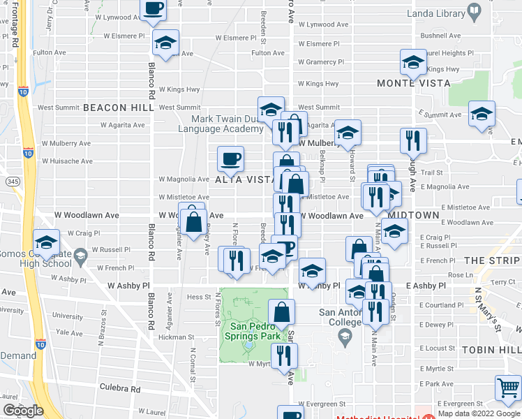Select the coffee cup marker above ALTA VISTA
click(x=230, y=159)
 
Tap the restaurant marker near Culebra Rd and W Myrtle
click(x=284, y=355)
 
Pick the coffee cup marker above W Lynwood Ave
click(x=154, y=8)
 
